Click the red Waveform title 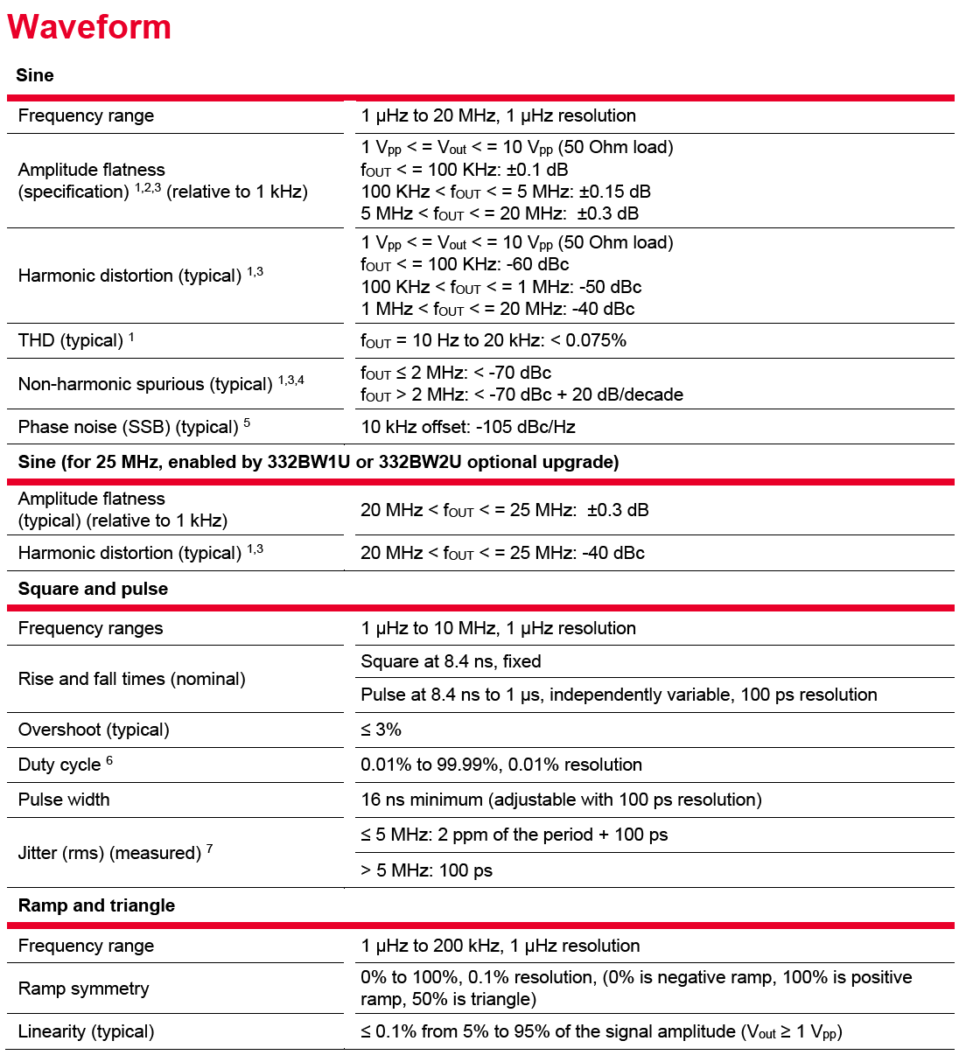pyautogui.click(x=89, y=27)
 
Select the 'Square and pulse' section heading pyautogui.click(x=93, y=589)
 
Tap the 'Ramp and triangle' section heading pyautogui.click(x=96, y=905)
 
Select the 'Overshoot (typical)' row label pyautogui.click(x=94, y=730)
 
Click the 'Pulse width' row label pyautogui.click(x=64, y=800)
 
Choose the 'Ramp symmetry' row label pyautogui.click(x=83, y=989)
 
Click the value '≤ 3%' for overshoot pyautogui.click(x=381, y=730)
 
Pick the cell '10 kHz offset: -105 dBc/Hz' pyautogui.click(x=468, y=427)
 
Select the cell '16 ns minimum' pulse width pyautogui.click(x=561, y=800)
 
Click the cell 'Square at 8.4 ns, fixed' pyautogui.click(x=451, y=661)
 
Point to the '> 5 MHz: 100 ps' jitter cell pyautogui.click(x=426, y=870)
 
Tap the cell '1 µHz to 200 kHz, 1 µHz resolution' pyautogui.click(x=500, y=946)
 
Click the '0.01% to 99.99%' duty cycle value pyautogui.click(x=501, y=765)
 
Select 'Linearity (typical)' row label pyautogui.click(x=86, y=1031)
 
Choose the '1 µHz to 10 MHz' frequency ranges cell pyautogui.click(x=498, y=628)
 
